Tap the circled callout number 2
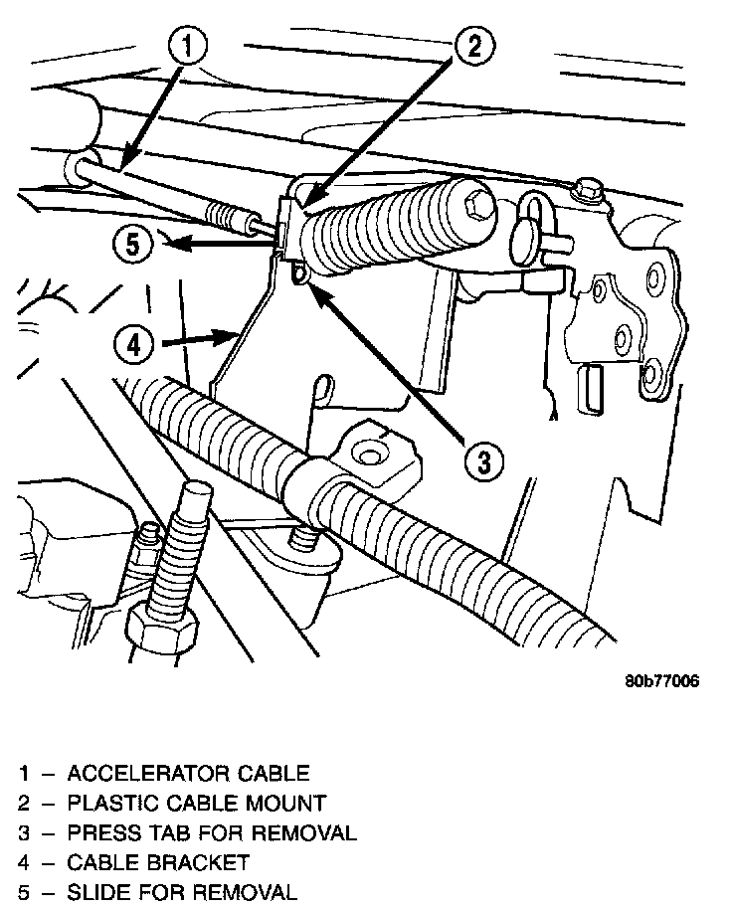pyautogui.click(x=474, y=44)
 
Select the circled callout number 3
pyautogui.click(x=482, y=459)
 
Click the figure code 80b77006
pyautogui.click(x=662, y=681)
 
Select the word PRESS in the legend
pyautogui.click(x=100, y=832)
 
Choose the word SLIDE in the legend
pyautogui.click(x=97, y=892)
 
